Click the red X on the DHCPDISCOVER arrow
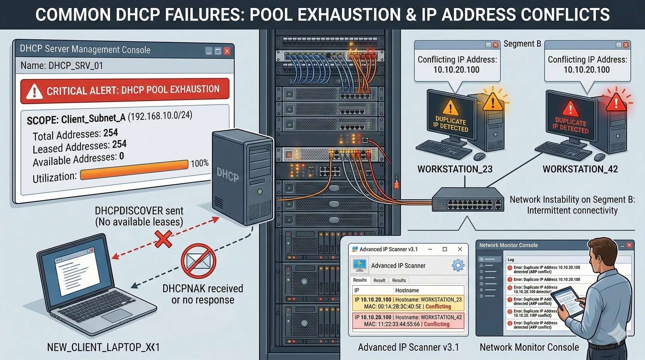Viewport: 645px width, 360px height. (163, 239)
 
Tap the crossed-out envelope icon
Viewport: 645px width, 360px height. (198, 260)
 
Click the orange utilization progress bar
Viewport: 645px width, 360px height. (134, 170)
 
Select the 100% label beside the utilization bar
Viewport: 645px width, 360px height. (200, 163)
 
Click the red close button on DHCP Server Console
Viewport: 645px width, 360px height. (227, 51)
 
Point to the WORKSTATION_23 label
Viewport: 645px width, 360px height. (455, 169)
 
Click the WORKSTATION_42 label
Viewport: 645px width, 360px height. (580, 169)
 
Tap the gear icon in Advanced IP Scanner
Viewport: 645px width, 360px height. (458, 265)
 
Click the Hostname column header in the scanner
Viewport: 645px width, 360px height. (407, 290)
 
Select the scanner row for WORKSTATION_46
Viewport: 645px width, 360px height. (408, 320)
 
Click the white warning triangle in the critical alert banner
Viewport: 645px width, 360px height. (34, 92)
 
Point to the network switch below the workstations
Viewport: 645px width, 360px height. (468, 199)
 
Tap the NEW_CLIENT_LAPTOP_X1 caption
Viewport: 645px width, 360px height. (104, 347)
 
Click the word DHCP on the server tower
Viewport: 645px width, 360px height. (227, 175)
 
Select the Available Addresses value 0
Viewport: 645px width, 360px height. (121, 156)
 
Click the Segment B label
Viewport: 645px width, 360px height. (522, 44)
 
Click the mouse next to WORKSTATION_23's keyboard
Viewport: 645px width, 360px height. (479, 156)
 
